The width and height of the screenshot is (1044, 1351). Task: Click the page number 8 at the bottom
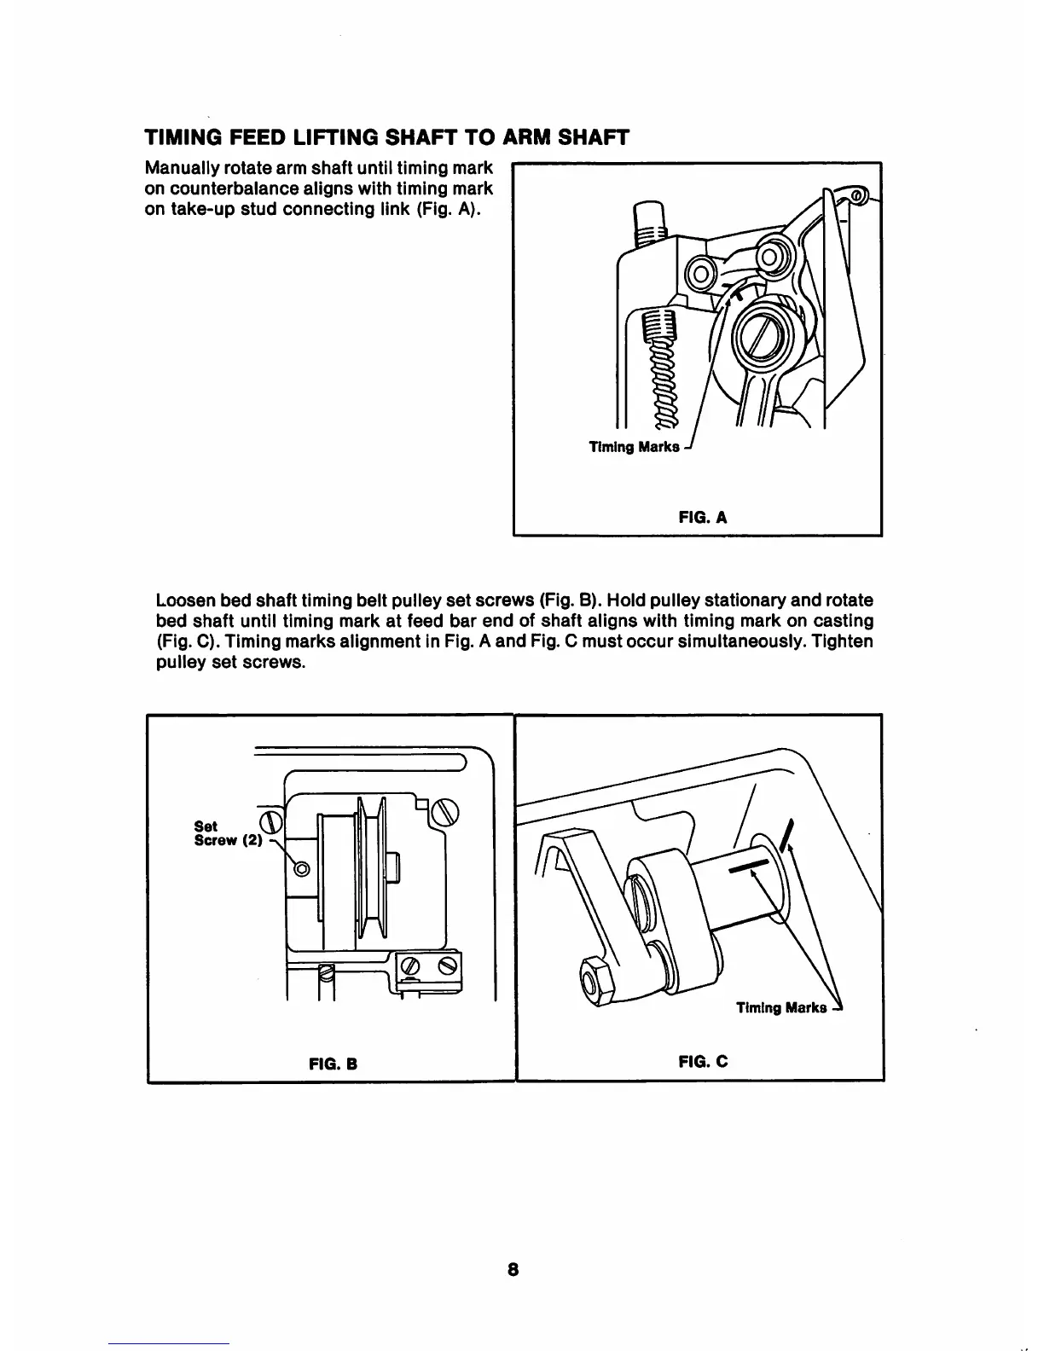pos(512,1268)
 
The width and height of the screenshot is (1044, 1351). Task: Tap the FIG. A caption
pos(702,516)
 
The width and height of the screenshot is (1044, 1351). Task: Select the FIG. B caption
pos(332,1064)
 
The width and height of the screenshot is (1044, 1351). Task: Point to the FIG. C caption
pos(703,1062)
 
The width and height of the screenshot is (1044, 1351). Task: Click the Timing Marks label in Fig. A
pos(635,447)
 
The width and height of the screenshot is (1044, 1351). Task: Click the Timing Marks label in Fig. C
pos(781,1008)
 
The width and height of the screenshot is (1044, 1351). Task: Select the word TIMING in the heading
pos(181,137)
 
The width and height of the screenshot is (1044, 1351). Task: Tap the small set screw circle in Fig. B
pos(300,868)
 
